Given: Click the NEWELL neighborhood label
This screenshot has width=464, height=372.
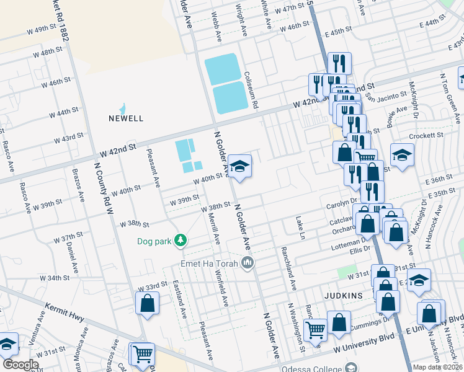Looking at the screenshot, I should [126, 118].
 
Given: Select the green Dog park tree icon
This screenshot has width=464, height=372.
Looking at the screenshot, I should [180, 240].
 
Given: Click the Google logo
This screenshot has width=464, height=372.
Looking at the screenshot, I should [20, 365].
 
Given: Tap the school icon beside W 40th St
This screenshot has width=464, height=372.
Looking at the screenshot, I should [239, 166].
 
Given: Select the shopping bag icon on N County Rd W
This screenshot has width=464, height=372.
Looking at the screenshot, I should [147, 303].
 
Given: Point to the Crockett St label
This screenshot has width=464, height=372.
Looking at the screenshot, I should [430, 135].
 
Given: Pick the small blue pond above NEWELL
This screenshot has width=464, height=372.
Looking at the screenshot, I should [123, 108].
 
